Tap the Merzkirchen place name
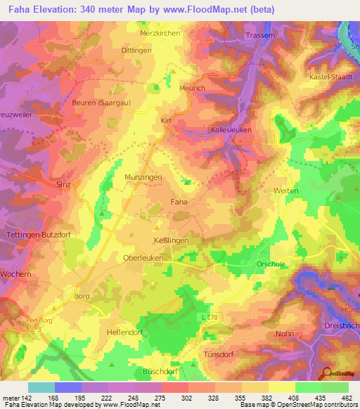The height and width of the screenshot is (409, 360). pyautogui.click(x=160, y=33)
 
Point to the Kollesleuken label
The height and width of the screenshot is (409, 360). pyautogui.click(x=231, y=131)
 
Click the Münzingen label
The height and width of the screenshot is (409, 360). pyautogui.click(x=143, y=178)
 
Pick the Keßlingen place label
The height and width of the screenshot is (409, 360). pyautogui.click(x=172, y=240)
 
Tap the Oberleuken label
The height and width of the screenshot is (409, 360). pyautogui.click(x=144, y=257)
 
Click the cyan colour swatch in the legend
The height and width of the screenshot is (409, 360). pyautogui.click(x=41, y=387)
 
